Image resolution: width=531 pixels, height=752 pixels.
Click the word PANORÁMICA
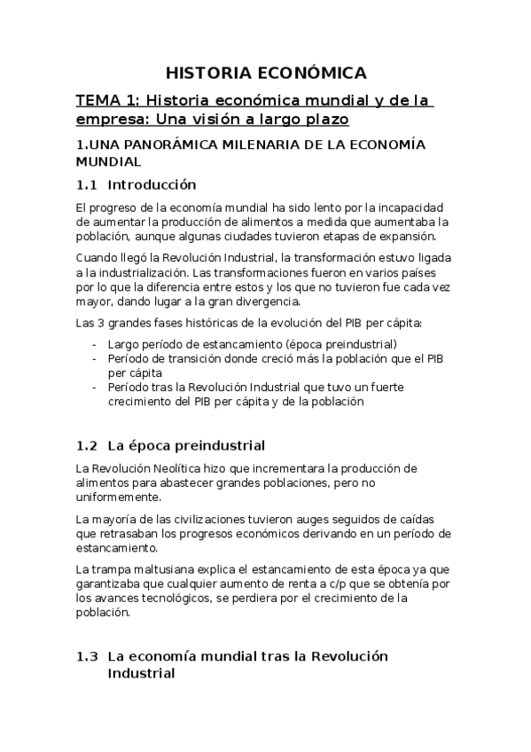(165, 145)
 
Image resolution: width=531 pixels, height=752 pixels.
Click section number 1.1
(86, 185)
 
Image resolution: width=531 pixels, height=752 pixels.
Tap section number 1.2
(86, 444)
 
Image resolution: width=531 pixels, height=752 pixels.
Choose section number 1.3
(86, 657)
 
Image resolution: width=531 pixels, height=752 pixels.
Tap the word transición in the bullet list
(190, 357)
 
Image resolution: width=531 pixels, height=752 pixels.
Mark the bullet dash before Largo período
(95, 343)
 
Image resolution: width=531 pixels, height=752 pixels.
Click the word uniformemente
(118, 497)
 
